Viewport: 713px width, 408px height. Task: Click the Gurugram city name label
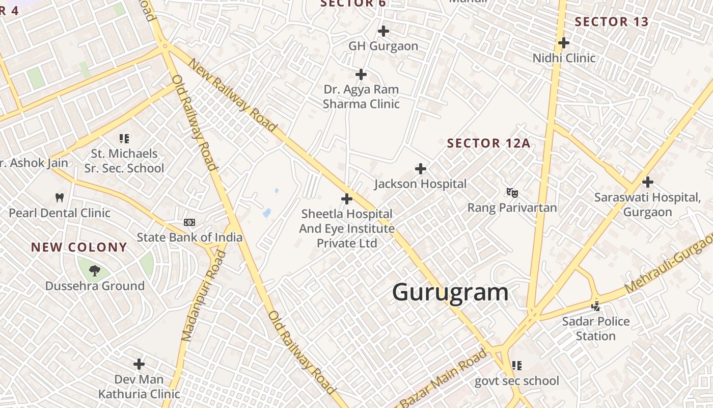coord(450,292)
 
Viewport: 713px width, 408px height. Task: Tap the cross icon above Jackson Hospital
coord(421,168)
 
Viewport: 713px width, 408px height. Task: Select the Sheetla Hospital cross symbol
coord(347,198)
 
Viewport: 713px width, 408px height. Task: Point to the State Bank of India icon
coord(189,222)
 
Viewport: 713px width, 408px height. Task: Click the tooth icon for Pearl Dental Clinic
coord(59,197)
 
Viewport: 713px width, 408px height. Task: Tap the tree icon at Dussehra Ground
coord(94,270)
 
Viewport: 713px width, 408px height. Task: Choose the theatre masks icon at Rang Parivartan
coord(512,192)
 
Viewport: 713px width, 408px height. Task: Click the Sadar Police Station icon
coord(595,306)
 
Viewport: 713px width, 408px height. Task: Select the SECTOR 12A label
coord(488,143)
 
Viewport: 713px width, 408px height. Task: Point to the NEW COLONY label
coord(79,247)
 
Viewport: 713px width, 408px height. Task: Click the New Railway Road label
coord(232,95)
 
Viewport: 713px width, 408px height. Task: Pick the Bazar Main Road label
coord(444,378)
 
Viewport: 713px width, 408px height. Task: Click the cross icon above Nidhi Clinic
coord(564,42)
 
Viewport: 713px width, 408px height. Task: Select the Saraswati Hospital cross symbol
coord(648,182)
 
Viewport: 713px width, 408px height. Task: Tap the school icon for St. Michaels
coord(124,138)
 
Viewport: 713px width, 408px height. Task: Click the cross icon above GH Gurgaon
coord(383,31)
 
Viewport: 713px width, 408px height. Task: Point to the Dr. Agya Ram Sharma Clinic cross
coord(361,74)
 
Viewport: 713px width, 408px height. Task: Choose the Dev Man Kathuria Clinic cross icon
coord(139,364)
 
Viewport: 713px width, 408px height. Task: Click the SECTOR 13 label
coord(612,22)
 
